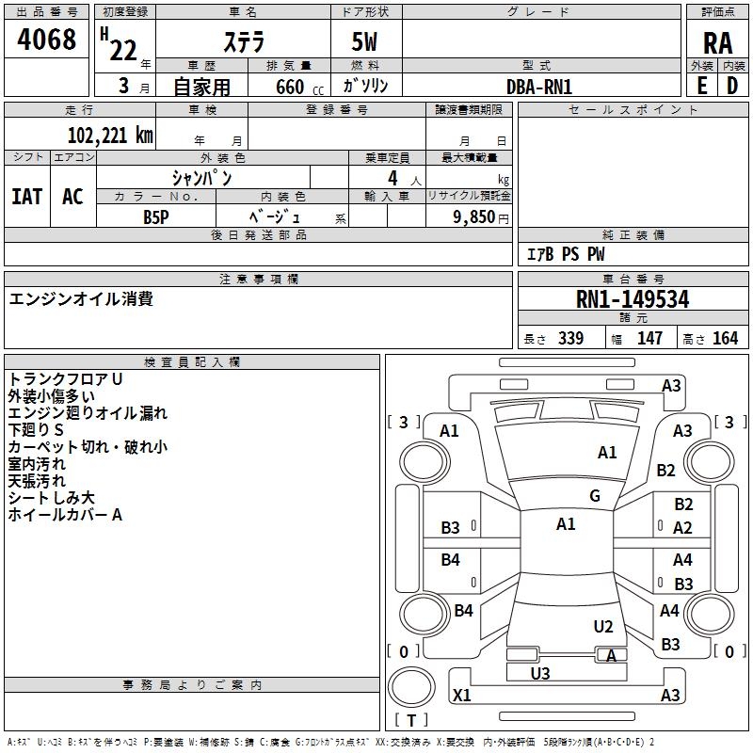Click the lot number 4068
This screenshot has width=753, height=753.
pos(48,40)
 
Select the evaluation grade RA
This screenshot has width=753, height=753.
pos(717,42)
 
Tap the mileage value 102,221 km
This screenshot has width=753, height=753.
pos(110,135)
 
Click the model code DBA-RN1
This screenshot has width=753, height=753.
pos(539,87)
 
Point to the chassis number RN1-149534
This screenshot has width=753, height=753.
pos(633,299)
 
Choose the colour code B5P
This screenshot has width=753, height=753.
pos(156,216)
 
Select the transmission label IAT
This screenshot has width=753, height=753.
pos(26,196)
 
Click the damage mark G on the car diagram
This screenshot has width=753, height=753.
pos(595,496)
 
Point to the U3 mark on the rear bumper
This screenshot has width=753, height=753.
pos(540,673)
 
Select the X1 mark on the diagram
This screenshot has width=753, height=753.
pos(462,696)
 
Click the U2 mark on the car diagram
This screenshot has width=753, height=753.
pos(603,627)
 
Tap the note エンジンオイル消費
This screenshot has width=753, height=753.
pos(81,299)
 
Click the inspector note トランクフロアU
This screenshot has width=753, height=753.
pos(66,378)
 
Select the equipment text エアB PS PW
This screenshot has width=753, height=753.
pos(566,254)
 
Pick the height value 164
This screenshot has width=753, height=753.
pos(726,338)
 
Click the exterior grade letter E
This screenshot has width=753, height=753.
pos(702,85)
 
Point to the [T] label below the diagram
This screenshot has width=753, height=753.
pos(410,720)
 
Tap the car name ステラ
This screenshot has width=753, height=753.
pos(244,42)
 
